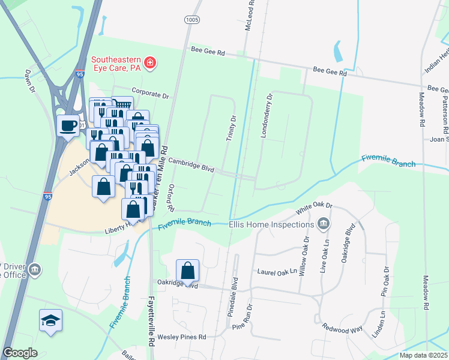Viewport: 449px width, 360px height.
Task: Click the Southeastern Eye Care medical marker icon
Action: click(x=149, y=62)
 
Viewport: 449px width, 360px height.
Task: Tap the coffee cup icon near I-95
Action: click(x=67, y=125)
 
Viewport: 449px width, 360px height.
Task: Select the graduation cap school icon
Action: click(x=50, y=320)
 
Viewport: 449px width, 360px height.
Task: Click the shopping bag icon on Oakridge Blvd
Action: click(x=188, y=271)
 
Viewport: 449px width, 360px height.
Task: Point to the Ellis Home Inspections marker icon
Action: click(x=324, y=224)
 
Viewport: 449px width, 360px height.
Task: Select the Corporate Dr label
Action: click(x=151, y=94)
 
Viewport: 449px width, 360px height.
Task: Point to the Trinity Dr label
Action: click(x=231, y=128)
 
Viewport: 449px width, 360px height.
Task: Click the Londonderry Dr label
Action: click(x=266, y=115)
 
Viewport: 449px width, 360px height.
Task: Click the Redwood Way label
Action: click(x=342, y=328)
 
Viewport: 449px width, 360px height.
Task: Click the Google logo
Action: click(x=20, y=353)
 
